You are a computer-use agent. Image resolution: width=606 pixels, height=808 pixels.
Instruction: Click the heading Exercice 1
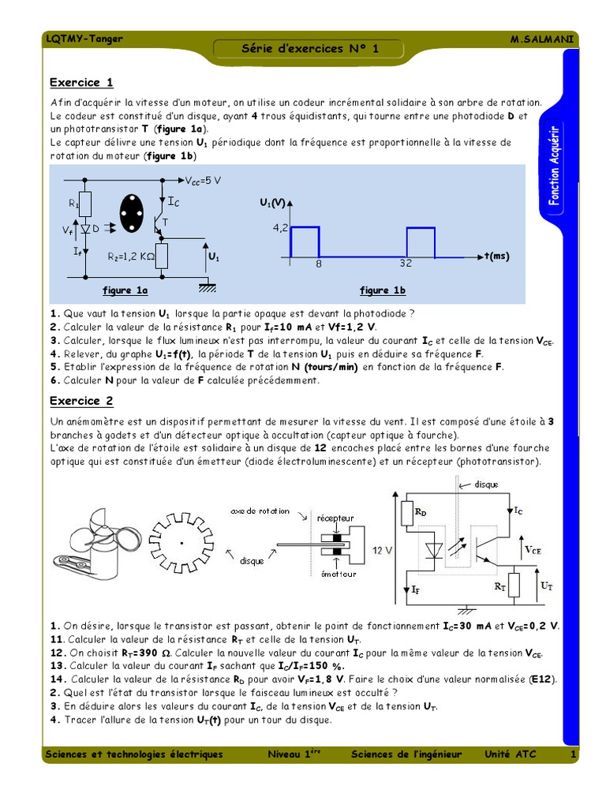[81, 83]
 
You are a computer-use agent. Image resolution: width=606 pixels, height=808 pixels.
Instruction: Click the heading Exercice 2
[81, 401]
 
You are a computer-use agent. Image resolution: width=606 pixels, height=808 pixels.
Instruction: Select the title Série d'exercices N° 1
[310, 49]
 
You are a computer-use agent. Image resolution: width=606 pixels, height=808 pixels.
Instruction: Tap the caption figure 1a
[125, 290]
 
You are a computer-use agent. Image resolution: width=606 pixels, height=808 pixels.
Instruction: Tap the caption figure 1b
[383, 290]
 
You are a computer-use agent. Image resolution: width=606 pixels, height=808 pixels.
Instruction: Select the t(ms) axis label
[497, 256]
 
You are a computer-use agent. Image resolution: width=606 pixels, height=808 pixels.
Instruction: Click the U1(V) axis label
[272, 203]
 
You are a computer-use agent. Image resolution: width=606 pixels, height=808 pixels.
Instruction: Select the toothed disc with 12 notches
[181, 542]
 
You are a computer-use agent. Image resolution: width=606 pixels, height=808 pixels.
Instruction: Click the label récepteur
[335, 518]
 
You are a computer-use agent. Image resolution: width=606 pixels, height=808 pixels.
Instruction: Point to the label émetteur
[339, 574]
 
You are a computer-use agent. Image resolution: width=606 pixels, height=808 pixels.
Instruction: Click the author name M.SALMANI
[544, 39]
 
